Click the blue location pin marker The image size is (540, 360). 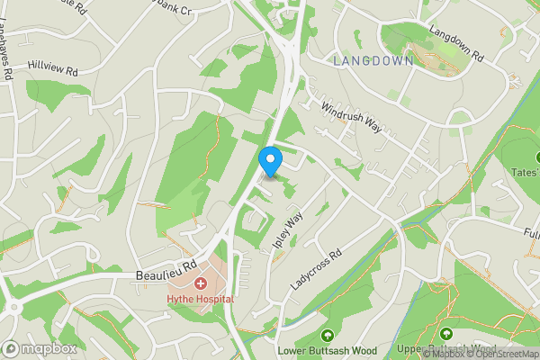point(270,161)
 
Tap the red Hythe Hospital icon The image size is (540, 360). point(200,283)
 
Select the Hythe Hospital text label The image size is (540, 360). point(199,299)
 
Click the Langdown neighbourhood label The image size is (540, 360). point(373,61)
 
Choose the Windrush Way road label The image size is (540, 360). point(352,118)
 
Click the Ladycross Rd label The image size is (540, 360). point(317,269)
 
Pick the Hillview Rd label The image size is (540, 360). point(53,68)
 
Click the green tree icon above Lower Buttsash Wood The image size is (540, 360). point(326,335)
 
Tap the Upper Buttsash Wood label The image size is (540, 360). point(446,350)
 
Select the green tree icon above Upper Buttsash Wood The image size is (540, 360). point(446,335)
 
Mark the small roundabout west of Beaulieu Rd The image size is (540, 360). point(15,307)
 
